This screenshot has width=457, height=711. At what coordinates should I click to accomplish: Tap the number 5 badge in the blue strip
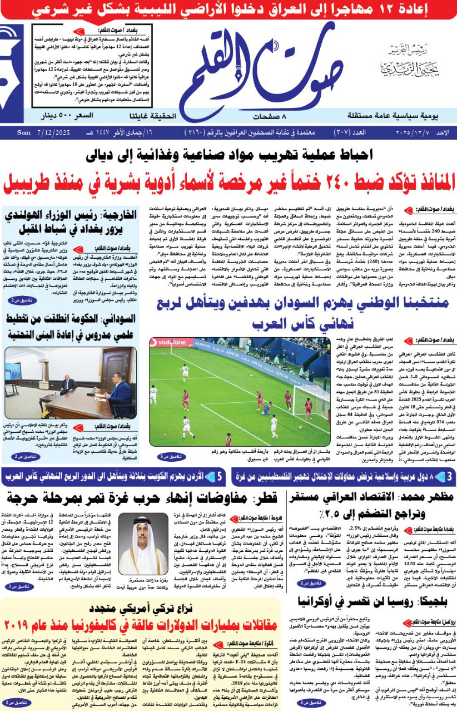(220, 476)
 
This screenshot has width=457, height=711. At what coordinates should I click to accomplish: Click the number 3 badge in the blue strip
(449, 476)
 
